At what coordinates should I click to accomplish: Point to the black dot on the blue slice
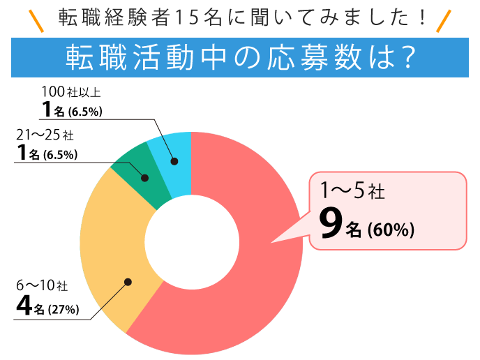click(174, 162)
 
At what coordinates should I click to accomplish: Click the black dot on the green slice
click(145, 178)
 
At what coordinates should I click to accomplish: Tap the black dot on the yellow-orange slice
click(128, 283)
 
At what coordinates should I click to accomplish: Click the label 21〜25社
click(45, 134)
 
